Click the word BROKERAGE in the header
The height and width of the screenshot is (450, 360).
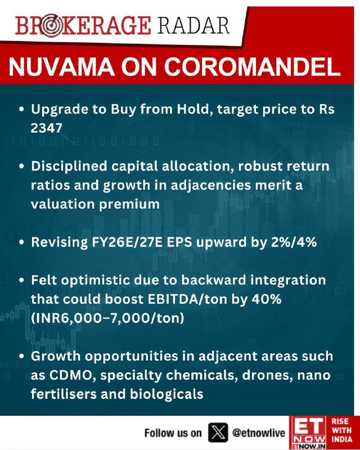83,26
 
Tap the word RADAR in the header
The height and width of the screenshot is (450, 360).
193,26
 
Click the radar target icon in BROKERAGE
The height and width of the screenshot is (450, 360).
51,26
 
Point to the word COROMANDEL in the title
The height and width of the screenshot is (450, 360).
252,67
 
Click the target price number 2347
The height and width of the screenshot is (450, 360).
47,128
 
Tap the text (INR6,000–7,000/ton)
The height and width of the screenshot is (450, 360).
107,318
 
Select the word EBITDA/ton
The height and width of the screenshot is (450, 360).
188,299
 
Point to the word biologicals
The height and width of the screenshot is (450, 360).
166,394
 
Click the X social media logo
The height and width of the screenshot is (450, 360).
218,432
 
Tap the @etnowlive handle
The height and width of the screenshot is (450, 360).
258,433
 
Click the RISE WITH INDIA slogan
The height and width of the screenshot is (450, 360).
342,430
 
